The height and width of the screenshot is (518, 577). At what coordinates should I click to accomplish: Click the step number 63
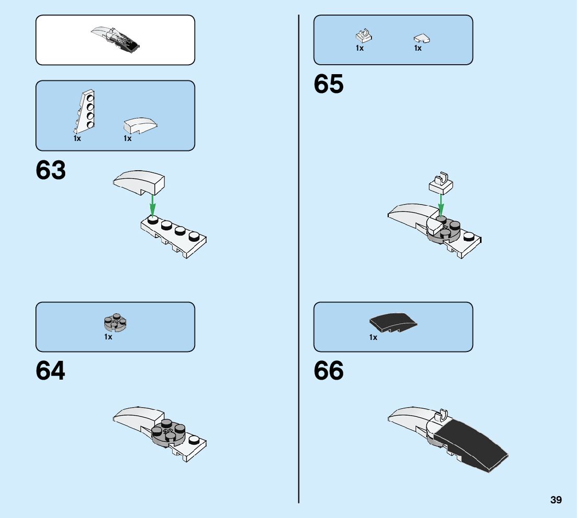pyautogui.click(x=51, y=171)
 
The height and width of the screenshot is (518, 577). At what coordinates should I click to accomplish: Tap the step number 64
pyautogui.click(x=51, y=371)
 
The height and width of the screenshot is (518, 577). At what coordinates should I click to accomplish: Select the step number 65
pyautogui.click(x=329, y=84)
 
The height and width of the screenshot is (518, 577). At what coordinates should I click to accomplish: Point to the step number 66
pyautogui.click(x=329, y=371)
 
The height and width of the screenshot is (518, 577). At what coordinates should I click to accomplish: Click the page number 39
pyautogui.click(x=556, y=500)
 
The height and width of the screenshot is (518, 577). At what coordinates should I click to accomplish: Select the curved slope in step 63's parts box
pyautogui.click(x=140, y=125)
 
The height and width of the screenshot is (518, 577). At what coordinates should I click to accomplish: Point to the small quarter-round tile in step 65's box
pyautogui.click(x=422, y=38)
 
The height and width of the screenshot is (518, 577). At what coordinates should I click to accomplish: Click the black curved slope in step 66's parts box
pyautogui.click(x=393, y=322)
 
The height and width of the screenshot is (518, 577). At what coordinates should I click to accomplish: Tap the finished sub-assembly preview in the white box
pyautogui.click(x=115, y=39)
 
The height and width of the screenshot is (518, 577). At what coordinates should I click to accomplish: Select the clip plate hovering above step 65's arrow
pyautogui.click(x=441, y=183)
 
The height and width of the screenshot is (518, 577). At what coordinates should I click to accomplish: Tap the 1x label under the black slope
pyautogui.click(x=373, y=338)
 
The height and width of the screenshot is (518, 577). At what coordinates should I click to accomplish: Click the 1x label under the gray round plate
pyautogui.click(x=108, y=337)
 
